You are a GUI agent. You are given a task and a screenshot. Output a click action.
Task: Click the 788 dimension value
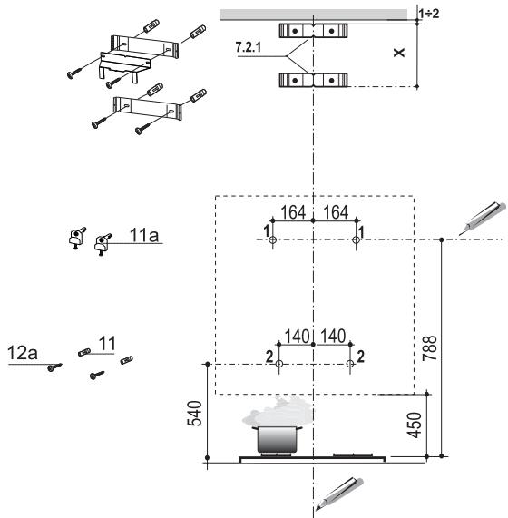click(x=430, y=347)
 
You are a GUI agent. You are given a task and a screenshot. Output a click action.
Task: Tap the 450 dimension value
click(x=415, y=425)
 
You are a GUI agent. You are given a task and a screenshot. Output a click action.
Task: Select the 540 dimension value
click(x=194, y=413)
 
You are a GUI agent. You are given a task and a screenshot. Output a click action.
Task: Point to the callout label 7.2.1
click(x=248, y=47)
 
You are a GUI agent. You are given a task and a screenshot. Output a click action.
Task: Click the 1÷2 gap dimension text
click(x=429, y=14)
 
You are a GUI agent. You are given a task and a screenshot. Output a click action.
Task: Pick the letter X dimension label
click(x=399, y=53)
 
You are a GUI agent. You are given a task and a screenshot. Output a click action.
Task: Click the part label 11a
click(x=144, y=235)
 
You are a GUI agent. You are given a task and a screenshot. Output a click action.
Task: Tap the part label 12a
click(x=23, y=353)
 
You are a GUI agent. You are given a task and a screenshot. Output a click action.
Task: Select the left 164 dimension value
click(x=293, y=212)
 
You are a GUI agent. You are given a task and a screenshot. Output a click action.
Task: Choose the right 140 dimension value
click(x=333, y=337)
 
